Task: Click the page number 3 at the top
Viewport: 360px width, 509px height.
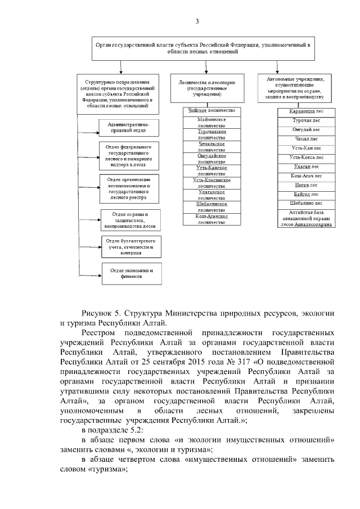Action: coord(197,21)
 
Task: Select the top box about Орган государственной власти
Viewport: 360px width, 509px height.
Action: coord(202,48)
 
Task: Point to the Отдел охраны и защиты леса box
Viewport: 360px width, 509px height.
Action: coord(130,220)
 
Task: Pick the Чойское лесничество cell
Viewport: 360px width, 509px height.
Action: coord(211,111)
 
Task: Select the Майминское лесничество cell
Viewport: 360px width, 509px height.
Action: coord(211,123)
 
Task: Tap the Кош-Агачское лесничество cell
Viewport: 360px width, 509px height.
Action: coord(211,219)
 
